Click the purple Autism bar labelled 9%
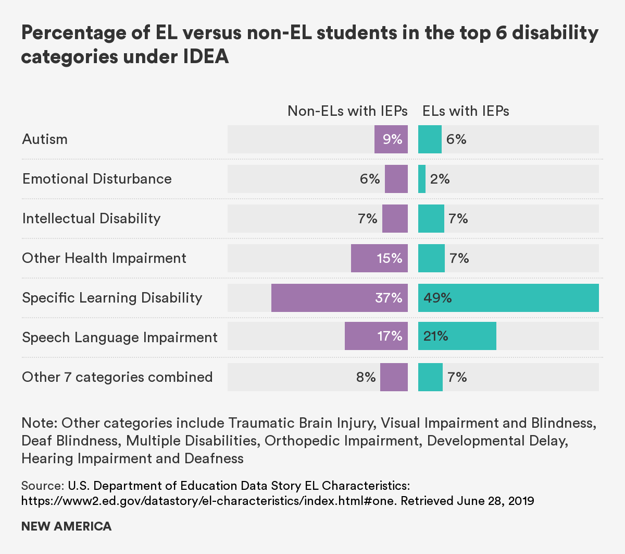391,139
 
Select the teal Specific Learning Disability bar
508,298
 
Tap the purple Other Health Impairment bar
379,258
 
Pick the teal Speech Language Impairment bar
457,336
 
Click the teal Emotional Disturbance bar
422,179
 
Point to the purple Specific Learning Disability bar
339,298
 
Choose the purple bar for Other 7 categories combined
394,377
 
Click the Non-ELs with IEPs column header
347,111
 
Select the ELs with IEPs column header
466,111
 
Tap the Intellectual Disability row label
91,219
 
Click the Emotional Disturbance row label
97,179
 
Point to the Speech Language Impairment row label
120,338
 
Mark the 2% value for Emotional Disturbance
440,179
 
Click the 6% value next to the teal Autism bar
456,140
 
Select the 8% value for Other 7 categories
366,377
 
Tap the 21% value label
436,336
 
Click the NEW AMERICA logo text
66,526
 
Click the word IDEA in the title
206,56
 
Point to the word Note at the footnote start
39,423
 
